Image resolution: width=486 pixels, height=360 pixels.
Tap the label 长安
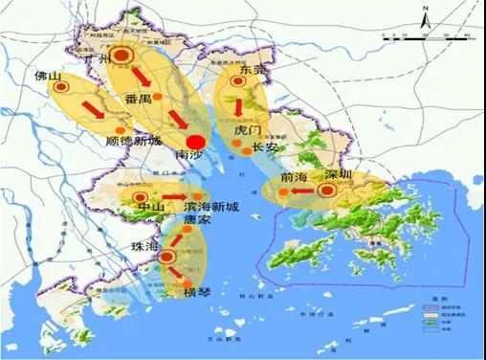click(264, 147)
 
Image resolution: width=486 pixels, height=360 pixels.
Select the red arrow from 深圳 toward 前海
click(303, 191)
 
